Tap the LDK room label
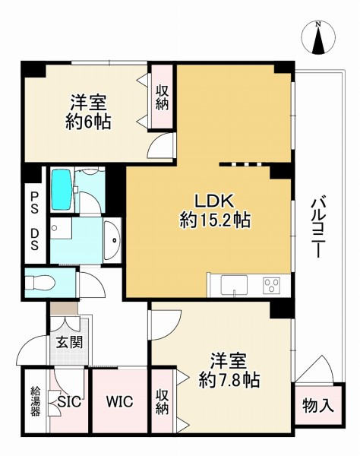(x=216, y=201)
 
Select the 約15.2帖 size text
(x=216, y=221)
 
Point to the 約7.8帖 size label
(x=229, y=378)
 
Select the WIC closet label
(x=119, y=401)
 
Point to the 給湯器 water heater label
(x=34, y=401)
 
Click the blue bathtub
(x=61, y=191)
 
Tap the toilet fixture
(x=41, y=283)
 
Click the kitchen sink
(x=232, y=286)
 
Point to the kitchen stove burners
(x=271, y=286)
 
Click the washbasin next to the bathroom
(x=112, y=239)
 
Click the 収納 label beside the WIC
(x=162, y=402)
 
